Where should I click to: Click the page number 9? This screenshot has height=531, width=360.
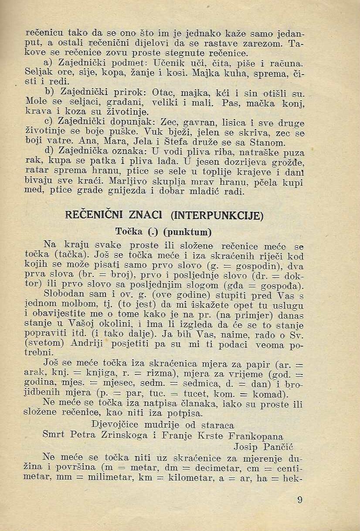pos(299,500)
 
